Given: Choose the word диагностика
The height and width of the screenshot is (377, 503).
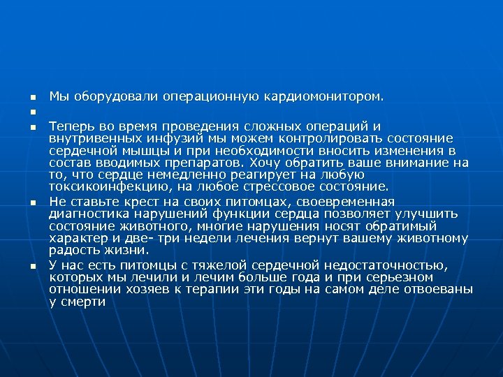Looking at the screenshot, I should (x=86, y=213).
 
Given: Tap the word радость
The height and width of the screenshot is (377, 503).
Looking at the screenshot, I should (x=71, y=250).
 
